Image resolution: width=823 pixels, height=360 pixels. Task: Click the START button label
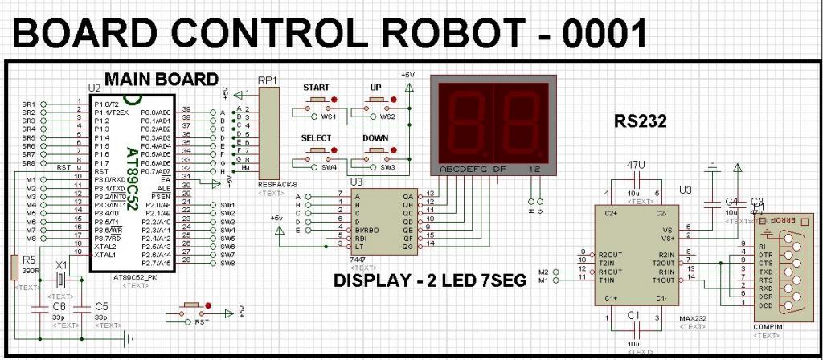pyautogui.click(x=317, y=86)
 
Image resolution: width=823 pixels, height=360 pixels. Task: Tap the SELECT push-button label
pyautogui.click(x=316, y=137)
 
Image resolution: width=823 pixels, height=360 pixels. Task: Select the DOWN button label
pyautogui.click(x=376, y=137)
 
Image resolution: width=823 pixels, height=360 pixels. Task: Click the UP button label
pyautogui.click(x=375, y=86)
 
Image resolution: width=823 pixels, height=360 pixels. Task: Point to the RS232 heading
pyautogui.click(x=641, y=121)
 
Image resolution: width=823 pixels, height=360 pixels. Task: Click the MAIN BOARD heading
pyautogui.click(x=161, y=80)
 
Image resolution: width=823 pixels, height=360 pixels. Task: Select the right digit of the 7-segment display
pyautogui.click(x=521, y=121)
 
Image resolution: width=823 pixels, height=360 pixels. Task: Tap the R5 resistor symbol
pyautogui.click(x=14, y=268)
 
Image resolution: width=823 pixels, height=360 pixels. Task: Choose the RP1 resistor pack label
pyautogui.click(x=267, y=80)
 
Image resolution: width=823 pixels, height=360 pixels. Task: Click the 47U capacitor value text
pyautogui.click(x=636, y=165)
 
